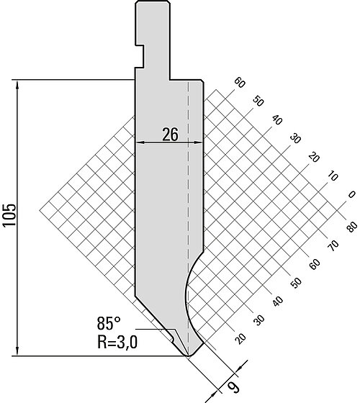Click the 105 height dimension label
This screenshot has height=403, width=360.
(9, 215)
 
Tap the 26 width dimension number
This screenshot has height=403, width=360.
(170, 135)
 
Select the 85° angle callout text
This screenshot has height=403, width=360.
(109, 323)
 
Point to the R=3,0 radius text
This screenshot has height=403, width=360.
(117, 342)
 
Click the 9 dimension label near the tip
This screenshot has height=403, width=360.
(233, 387)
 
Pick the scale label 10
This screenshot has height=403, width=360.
(333, 176)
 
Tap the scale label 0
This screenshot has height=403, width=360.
(351, 194)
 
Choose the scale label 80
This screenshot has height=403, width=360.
(351, 226)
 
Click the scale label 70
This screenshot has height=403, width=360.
(333, 245)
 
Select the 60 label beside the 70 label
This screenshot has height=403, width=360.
(315, 264)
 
